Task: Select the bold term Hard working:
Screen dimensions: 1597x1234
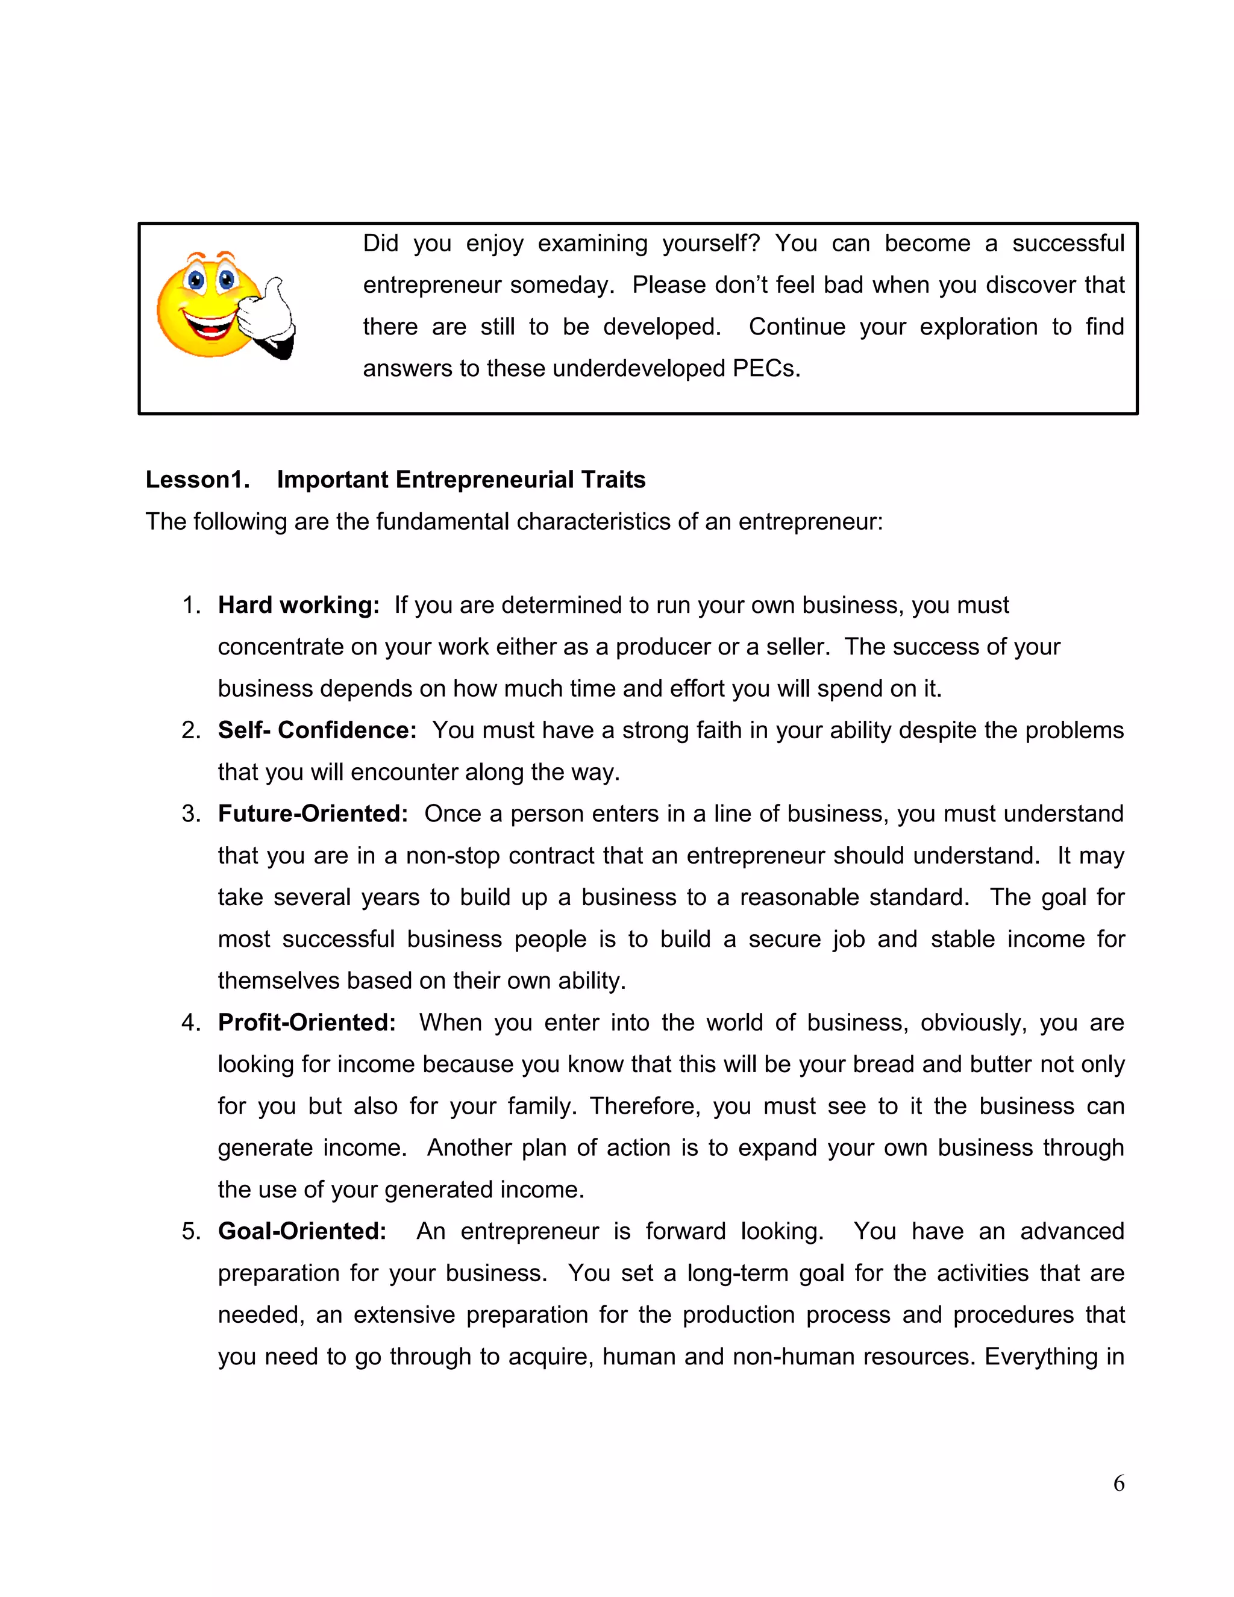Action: coord(298,606)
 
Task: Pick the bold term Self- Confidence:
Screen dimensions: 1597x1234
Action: coord(316,730)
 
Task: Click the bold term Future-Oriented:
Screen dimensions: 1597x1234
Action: coord(313,814)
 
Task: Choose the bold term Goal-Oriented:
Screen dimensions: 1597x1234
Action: coord(302,1231)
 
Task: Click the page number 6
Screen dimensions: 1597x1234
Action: coord(1118,1484)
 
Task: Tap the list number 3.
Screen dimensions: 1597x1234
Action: coord(191,814)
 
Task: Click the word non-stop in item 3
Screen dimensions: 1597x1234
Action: coord(453,856)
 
